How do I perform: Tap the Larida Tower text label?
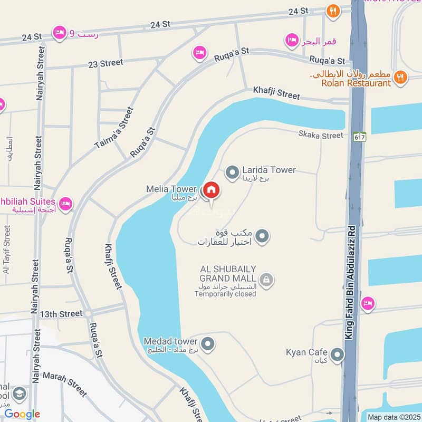point(269,170)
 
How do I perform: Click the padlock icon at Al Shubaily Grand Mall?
point(267,279)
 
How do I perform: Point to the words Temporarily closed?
point(225,294)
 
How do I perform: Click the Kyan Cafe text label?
point(306,352)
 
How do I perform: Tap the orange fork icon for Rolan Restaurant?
point(400,78)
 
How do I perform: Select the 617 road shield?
point(360,136)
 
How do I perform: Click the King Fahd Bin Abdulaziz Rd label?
point(353,274)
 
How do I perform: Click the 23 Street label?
point(105,63)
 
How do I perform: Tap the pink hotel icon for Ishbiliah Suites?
point(65,203)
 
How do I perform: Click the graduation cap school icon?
point(20,394)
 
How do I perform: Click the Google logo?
point(22,414)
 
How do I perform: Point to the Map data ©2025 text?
point(393,417)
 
